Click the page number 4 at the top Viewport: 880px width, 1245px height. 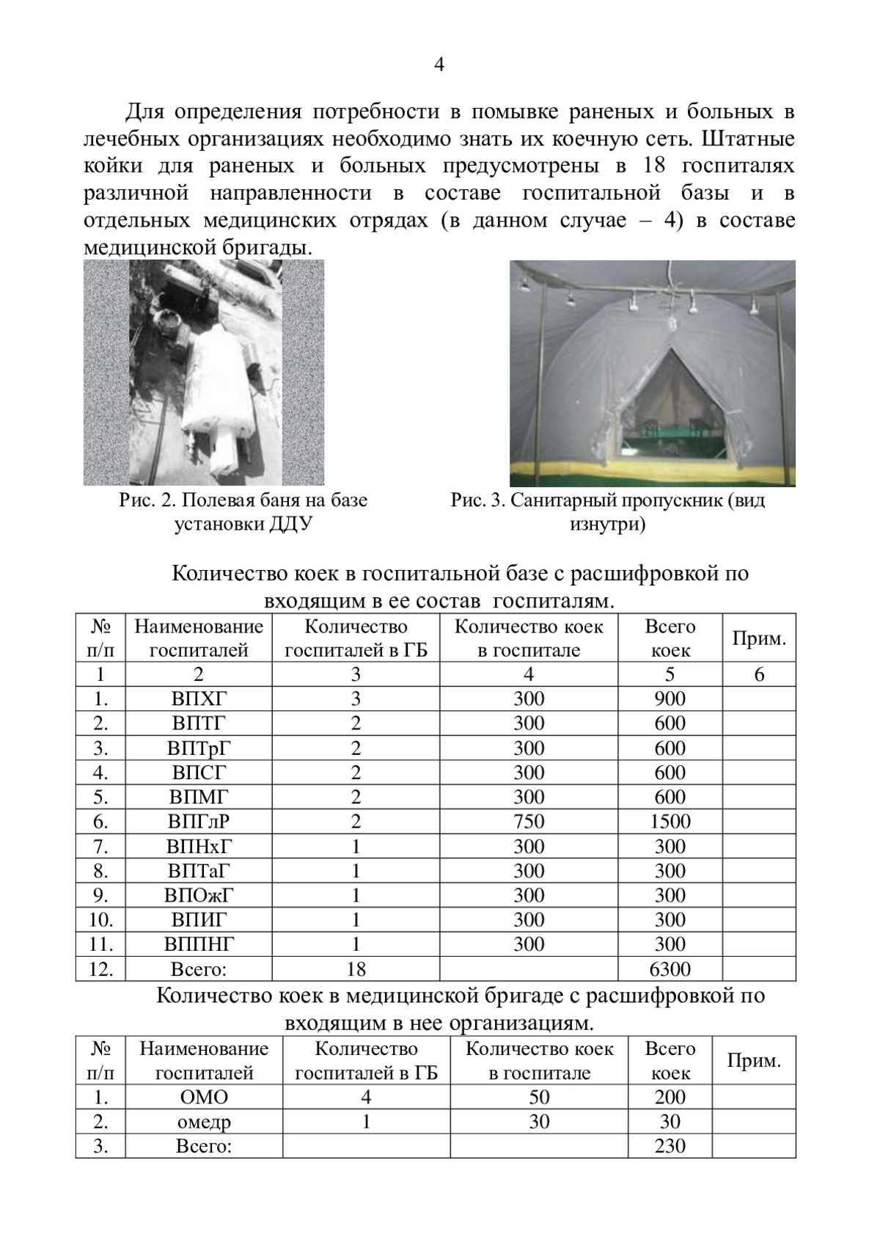[439, 65]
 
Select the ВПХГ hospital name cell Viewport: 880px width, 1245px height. [199, 698]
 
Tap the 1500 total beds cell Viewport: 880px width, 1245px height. [670, 822]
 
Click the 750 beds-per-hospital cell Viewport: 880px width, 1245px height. [529, 822]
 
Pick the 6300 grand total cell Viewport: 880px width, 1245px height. [670, 969]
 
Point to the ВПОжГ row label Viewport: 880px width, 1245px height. [199, 895]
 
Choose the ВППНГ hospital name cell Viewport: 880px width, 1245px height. [199, 944]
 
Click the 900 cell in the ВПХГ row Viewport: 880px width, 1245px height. [670, 698]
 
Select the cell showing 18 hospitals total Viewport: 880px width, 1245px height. [356, 969]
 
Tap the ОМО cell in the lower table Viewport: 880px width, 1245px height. [204, 1098]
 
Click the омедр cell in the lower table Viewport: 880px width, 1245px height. [204, 1122]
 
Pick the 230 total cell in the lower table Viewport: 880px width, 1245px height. [670, 1146]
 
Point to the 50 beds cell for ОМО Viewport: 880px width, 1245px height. [539, 1098]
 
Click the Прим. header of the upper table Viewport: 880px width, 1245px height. [759, 638]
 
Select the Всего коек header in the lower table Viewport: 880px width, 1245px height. [670, 1061]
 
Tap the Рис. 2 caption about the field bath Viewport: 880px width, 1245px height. [243, 512]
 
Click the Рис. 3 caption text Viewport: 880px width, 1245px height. [607, 512]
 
